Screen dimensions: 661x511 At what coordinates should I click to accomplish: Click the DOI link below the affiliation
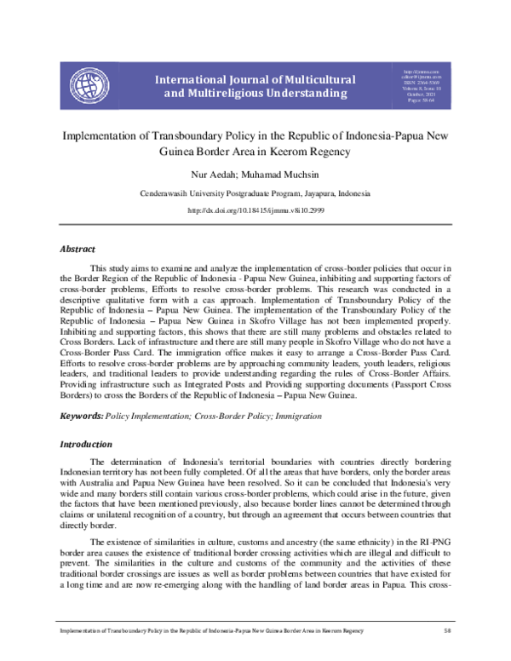pyautogui.click(x=255, y=210)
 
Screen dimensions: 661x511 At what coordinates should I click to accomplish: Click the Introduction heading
pyautogui.click(x=85, y=445)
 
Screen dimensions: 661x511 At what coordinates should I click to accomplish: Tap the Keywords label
pyautogui.click(x=80, y=416)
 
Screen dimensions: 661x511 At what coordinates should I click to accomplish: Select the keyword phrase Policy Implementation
pyautogui.click(x=144, y=416)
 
